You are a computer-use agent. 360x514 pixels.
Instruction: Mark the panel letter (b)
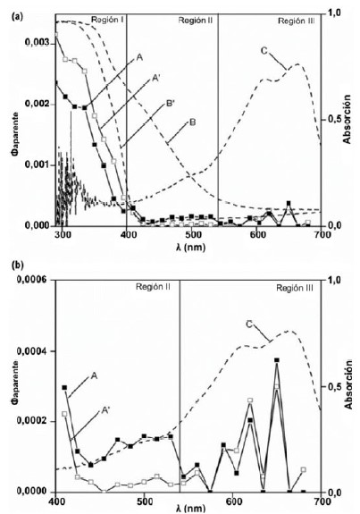coord(12,265)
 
